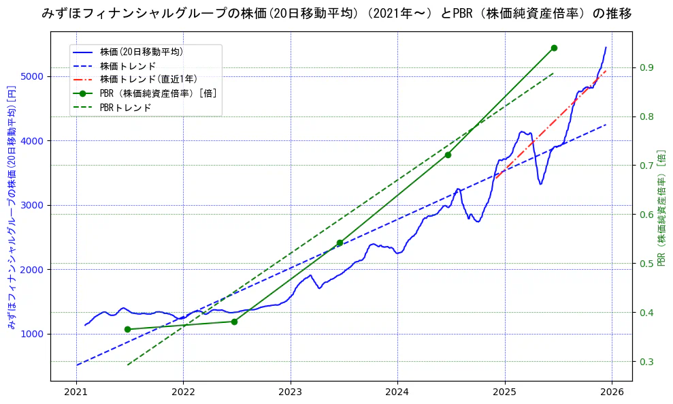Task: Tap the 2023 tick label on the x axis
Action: pos(290,392)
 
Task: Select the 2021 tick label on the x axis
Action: pos(76,392)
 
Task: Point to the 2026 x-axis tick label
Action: pos(611,392)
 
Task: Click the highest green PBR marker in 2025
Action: pos(554,48)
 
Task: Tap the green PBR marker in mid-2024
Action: pos(448,155)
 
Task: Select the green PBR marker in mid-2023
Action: pos(340,243)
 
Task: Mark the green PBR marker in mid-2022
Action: pos(234,322)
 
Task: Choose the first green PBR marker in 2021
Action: pos(127,329)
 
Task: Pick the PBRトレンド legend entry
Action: pos(125,108)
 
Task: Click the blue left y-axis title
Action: pos(11,207)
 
